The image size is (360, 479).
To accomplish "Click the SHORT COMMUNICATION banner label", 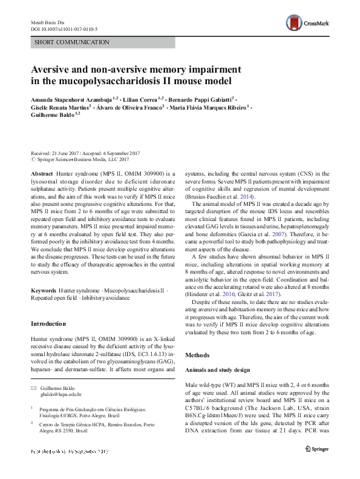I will [71, 42].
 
